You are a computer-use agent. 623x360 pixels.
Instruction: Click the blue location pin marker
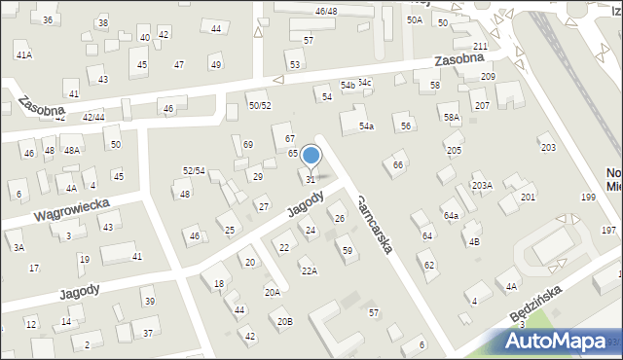[311, 156]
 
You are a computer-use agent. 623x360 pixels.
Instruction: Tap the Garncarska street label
[374, 225]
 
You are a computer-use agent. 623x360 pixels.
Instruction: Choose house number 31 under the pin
[311, 179]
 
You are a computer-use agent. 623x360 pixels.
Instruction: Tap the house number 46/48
[326, 11]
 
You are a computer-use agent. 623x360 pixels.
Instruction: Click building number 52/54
[194, 170]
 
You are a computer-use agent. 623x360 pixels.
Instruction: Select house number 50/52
[259, 105]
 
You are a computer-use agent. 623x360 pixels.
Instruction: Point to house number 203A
[482, 185]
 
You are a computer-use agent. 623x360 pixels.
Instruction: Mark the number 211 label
[480, 47]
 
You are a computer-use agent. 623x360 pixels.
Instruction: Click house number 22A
[309, 270]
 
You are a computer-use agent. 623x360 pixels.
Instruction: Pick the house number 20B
[284, 321]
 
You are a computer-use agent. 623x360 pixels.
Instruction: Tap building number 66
[397, 165]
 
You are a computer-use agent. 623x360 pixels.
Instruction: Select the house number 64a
[451, 215]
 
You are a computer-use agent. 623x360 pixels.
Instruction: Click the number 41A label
[23, 55]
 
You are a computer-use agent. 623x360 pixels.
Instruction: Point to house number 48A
[71, 151]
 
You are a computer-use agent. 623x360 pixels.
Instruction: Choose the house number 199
[588, 198]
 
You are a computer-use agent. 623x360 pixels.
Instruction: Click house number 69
[248, 145]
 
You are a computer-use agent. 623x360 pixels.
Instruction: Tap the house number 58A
[452, 117]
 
